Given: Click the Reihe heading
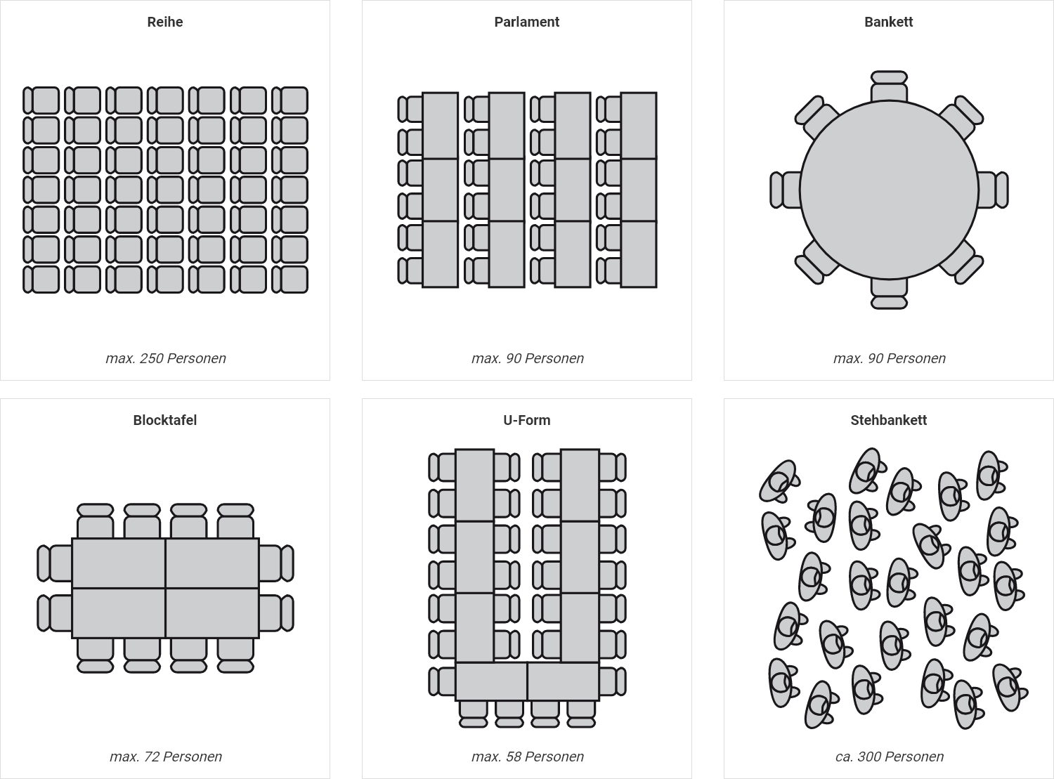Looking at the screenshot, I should coord(165,22).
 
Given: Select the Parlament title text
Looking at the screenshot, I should coord(526,22).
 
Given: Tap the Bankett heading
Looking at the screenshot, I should coord(888,22).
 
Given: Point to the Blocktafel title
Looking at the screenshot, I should coord(165,420).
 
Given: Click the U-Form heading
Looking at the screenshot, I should coord(526,420).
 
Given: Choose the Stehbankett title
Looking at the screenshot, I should coord(888,420).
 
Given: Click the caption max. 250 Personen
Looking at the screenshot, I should coord(166,358).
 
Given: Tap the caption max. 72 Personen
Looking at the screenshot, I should coord(166,757).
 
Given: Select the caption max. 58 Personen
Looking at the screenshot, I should coord(528,757).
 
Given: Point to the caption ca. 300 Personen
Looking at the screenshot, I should coord(890,757).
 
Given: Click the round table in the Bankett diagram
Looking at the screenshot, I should coord(889,190).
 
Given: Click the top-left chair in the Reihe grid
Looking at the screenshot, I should coord(41,100).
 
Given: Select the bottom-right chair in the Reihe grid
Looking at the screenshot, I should coord(290,279).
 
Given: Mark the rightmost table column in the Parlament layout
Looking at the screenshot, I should coord(638,190).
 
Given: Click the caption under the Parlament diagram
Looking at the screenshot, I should coord(528,358).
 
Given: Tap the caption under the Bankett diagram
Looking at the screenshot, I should coord(890,358).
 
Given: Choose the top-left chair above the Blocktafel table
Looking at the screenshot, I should coord(95,521).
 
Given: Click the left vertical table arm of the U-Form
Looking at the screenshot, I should coord(474,555).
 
